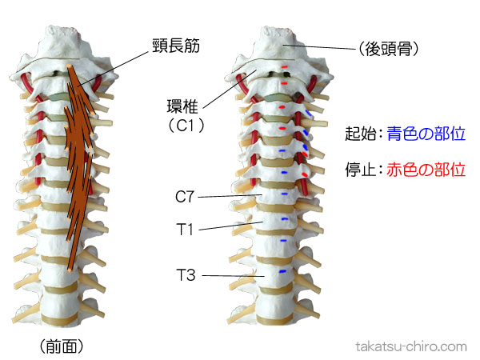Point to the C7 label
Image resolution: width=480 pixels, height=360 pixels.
(186, 194)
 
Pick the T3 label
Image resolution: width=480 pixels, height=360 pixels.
(186, 276)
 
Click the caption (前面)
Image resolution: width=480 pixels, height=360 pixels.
(61, 346)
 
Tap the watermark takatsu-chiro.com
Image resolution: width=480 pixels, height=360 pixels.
(410, 346)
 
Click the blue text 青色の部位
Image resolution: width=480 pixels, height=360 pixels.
(426, 134)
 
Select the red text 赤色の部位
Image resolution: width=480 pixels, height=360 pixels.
(426, 170)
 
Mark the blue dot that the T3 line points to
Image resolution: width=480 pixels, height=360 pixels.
(281, 272)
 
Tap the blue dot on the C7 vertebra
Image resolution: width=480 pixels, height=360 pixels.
(284, 194)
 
